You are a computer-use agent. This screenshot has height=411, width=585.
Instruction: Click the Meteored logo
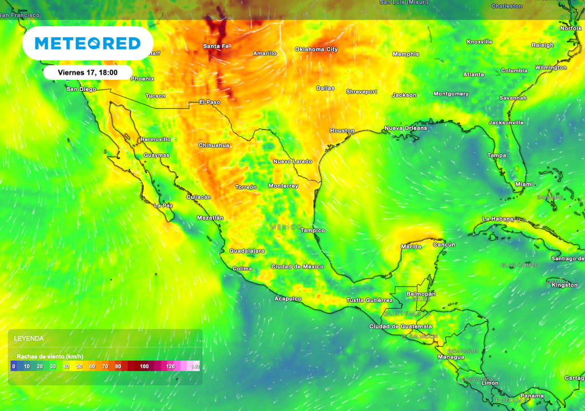(x=87, y=43)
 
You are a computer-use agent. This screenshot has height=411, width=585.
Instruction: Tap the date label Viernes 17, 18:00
(x=87, y=73)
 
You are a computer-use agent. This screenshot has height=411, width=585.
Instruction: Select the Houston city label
(x=342, y=131)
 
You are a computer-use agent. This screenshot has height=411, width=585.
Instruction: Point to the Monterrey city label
(x=283, y=186)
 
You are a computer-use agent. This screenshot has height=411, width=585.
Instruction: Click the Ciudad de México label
(x=297, y=267)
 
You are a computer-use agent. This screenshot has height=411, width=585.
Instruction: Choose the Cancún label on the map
(x=444, y=244)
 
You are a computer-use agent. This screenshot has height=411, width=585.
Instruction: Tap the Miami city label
(x=524, y=184)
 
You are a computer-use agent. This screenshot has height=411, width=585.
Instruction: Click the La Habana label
(x=498, y=219)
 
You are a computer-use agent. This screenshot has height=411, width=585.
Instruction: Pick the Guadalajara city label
(x=247, y=251)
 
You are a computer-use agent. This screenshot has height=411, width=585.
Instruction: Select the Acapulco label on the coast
(x=288, y=299)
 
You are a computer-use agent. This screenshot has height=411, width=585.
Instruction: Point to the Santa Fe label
(x=217, y=46)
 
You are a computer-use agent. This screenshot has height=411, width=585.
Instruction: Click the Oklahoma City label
(x=316, y=50)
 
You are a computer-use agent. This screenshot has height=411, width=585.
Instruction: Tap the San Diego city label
(x=81, y=89)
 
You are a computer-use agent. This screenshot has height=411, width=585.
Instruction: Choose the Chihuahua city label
(x=214, y=146)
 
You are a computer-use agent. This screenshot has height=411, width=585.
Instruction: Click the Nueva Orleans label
(x=406, y=128)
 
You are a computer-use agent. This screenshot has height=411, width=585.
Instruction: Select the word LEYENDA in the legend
(x=29, y=339)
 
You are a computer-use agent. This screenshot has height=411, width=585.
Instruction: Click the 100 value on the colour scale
(x=144, y=366)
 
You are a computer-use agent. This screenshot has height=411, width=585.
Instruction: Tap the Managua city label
(x=451, y=357)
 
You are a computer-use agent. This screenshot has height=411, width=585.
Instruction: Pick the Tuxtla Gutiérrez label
(x=369, y=300)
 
